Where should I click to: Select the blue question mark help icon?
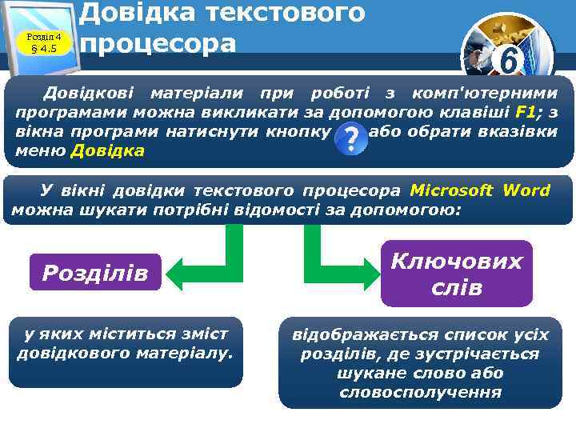coord(350,139)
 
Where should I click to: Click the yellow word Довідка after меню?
coord(108,150)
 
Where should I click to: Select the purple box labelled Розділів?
coord(95,273)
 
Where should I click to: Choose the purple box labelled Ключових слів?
coord(456,274)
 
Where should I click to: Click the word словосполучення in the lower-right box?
coord(420,392)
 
